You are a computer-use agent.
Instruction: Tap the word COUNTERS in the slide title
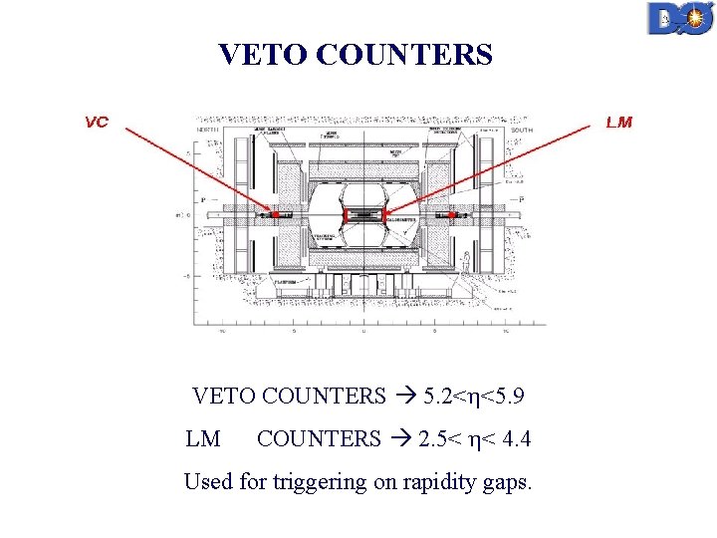pyautogui.click(x=403, y=54)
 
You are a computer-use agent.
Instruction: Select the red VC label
pyautogui.click(x=97, y=123)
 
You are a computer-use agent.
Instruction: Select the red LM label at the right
pyautogui.click(x=618, y=123)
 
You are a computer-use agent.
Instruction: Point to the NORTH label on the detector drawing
pyautogui.click(x=208, y=128)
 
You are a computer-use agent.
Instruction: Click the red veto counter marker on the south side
pyautogui.click(x=453, y=214)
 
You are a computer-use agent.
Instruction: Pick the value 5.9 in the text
pyautogui.click(x=507, y=397)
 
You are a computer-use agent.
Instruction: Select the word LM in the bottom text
pyautogui.click(x=203, y=438)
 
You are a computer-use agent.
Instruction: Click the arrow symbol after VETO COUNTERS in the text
pyautogui.click(x=404, y=397)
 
